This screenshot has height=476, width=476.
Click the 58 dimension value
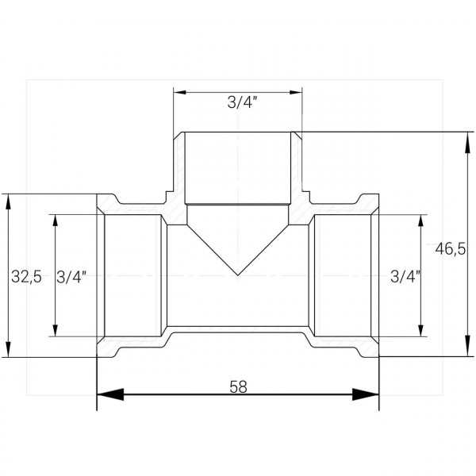[x=238, y=387]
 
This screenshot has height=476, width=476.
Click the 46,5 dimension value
[x=450, y=249]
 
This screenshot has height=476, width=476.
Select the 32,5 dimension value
[x=26, y=277]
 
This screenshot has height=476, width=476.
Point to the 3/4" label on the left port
[x=71, y=277]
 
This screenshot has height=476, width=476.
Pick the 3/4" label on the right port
[x=405, y=276]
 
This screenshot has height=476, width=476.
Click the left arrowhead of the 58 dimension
[x=110, y=394]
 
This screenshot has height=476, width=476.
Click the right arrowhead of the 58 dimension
[x=366, y=394]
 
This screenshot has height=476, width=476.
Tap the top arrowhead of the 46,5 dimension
[x=468, y=143]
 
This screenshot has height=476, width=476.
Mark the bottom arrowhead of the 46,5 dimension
[x=468, y=346]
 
